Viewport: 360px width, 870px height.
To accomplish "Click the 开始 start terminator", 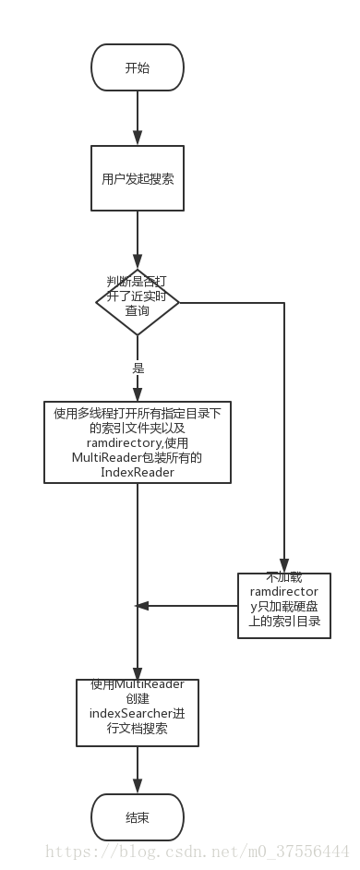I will pyautogui.click(x=137, y=67).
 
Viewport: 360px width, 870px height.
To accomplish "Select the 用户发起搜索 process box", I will pyautogui.click(x=137, y=178).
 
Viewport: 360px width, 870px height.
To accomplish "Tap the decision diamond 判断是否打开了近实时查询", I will pyautogui.click(x=137, y=302).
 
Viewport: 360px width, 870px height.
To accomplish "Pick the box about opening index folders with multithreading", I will pyautogui.click(x=137, y=442).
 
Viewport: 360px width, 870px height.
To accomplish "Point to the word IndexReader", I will pyautogui.click(x=137, y=473).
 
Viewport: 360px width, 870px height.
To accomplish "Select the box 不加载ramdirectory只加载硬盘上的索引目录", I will pyautogui.click(x=284, y=605).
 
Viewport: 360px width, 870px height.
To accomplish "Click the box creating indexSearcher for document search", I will pyautogui.click(x=137, y=711).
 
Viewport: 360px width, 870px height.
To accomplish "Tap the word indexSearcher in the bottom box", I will pyautogui.click(x=129, y=713).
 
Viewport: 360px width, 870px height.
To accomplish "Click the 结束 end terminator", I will pyautogui.click(x=137, y=817).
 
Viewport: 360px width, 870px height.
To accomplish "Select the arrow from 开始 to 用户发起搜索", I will pyautogui.click(x=137, y=118).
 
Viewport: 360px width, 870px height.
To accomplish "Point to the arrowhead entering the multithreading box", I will pyautogui.click(x=137, y=395).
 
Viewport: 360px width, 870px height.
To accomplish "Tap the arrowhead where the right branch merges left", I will pyautogui.click(x=142, y=606).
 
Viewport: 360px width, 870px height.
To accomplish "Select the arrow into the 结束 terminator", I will pyautogui.click(x=137, y=771).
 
